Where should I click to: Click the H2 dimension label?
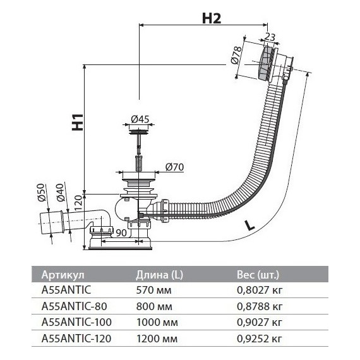212,18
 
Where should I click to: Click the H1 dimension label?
78,122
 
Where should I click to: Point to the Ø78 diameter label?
236,55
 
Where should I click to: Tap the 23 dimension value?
270,37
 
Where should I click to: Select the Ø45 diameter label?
140,119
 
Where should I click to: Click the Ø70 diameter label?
175,167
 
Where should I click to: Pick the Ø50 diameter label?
42,193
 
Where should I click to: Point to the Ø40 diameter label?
61,193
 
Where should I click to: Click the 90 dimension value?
121,233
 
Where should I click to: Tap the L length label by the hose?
249,225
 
